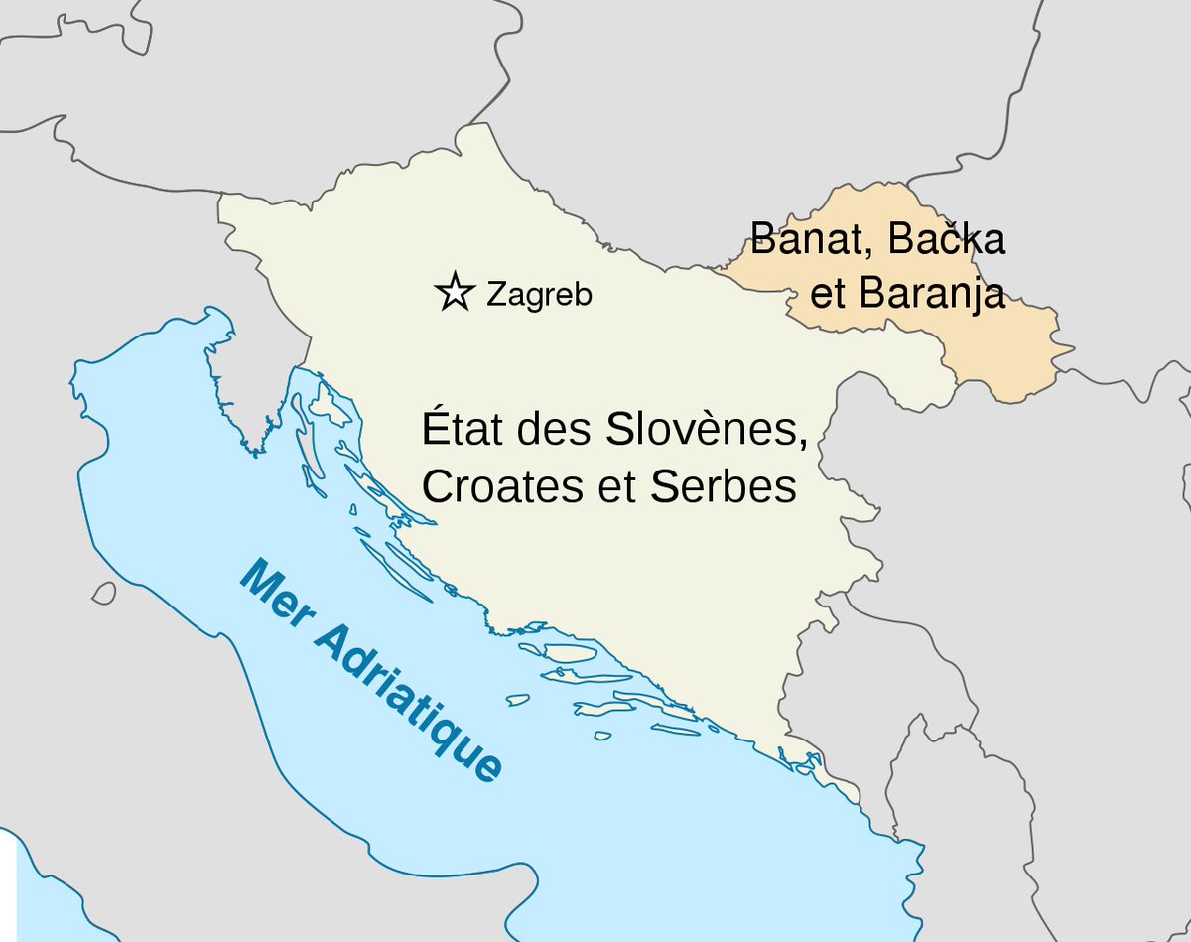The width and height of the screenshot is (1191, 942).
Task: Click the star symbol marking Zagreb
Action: [x=455, y=292]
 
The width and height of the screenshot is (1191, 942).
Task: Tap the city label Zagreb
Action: [x=539, y=294]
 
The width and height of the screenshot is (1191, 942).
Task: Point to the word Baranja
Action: [x=932, y=295]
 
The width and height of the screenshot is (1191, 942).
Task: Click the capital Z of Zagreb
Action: [x=495, y=294]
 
